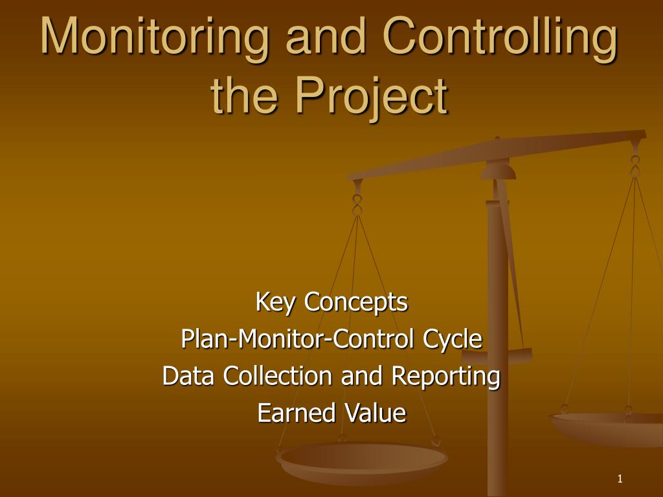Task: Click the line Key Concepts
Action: pyautogui.click(x=331, y=302)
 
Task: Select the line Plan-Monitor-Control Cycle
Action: pyautogui.click(x=331, y=338)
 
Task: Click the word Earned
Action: pyautogui.click(x=295, y=413)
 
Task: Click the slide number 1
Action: pyautogui.click(x=620, y=479)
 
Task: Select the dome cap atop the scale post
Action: pyautogui.click(x=497, y=170)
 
